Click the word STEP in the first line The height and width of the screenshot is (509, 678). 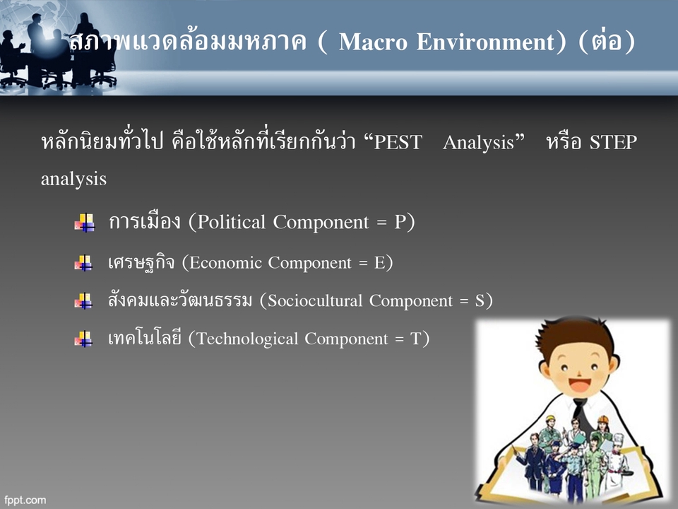point(613,143)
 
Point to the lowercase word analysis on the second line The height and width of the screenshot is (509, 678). point(73,179)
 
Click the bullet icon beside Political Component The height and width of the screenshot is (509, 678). point(84,223)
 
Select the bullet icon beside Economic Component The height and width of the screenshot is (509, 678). point(84,264)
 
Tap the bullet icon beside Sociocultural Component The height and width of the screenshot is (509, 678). point(84,302)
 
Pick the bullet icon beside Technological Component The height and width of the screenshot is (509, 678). point(84,340)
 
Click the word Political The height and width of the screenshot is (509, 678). point(232,223)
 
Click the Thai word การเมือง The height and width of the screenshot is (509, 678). point(145,223)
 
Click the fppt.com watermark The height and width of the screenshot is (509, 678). point(25,500)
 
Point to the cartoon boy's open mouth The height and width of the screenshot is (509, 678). point(578,387)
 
